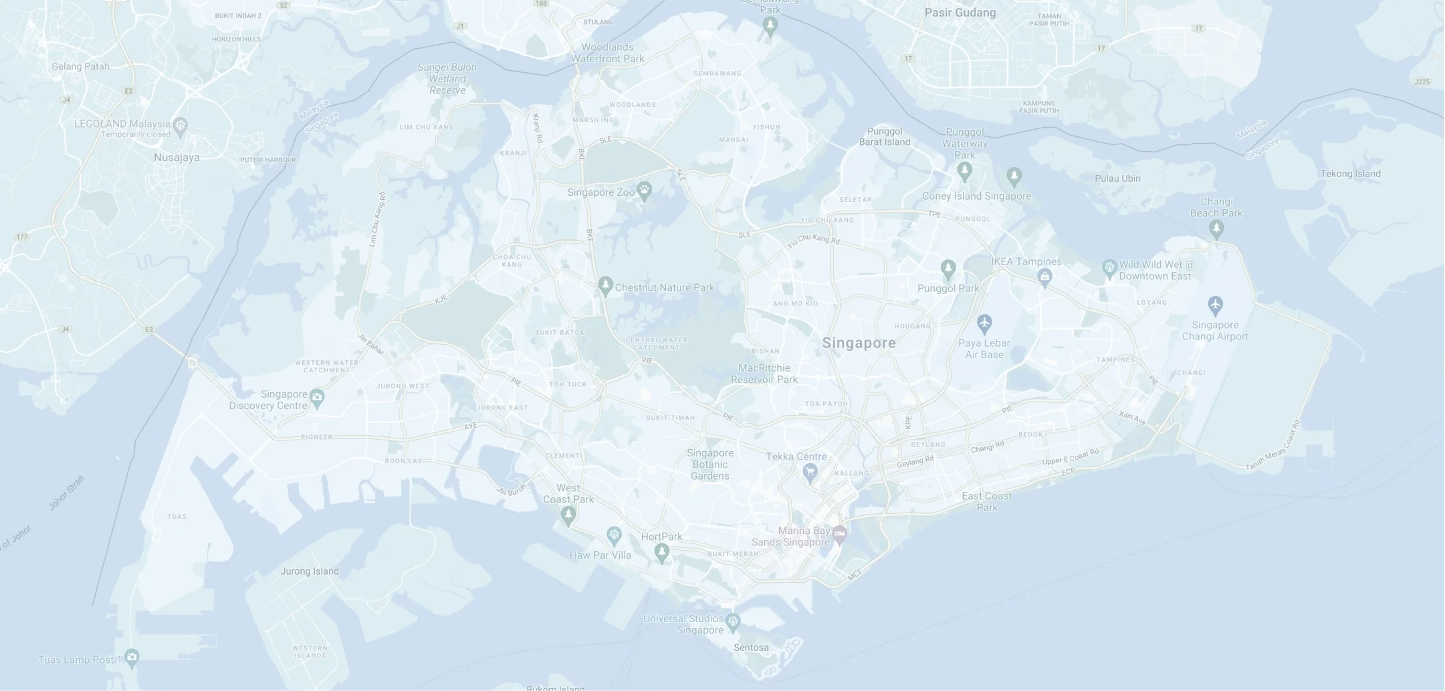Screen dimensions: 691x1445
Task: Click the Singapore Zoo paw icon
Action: tap(644, 190)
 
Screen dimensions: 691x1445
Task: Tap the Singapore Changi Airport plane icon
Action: tap(1215, 305)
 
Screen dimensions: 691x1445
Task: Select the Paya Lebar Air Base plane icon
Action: tap(984, 324)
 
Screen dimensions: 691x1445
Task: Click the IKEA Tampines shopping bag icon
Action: tap(1044, 276)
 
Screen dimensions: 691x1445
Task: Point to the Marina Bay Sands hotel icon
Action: tap(840, 533)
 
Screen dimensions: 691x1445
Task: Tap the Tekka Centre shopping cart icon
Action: tap(810, 472)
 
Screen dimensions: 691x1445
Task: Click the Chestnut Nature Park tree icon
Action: tap(605, 286)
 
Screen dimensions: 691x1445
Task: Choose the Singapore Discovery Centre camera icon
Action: tap(317, 398)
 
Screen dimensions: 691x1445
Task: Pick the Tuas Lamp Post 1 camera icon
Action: tap(132, 658)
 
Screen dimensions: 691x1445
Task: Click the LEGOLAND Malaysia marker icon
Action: tap(180, 125)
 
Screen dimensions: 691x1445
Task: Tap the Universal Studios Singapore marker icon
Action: tap(733, 621)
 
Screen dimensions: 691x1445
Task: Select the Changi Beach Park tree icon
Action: tap(1216, 229)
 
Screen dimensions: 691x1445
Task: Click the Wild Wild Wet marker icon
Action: tap(1109, 269)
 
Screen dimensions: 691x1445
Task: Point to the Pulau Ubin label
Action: tap(1117, 178)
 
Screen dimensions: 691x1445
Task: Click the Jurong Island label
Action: tap(309, 571)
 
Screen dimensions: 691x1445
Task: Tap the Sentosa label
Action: tap(751, 648)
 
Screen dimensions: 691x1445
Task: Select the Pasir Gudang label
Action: tap(960, 13)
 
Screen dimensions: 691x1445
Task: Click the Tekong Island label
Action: tap(1350, 174)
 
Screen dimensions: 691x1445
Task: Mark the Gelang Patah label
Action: tap(80, 66)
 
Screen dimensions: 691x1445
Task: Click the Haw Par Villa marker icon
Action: tap(614, 535)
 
